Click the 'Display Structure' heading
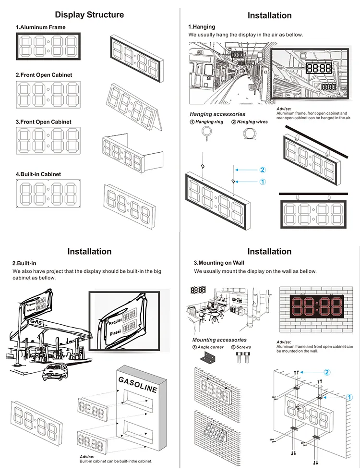point(89,15)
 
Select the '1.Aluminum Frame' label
point(41,27)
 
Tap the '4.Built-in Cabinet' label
point(38,174)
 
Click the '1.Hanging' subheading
point(202,27)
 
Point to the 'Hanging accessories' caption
point(217,114)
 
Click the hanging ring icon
point(208,133)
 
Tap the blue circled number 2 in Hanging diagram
point(263,170)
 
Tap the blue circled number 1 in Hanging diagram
point(263,182)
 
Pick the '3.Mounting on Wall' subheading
point(219,263)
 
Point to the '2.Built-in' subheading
point(24,263)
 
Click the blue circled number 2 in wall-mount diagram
point(327,372)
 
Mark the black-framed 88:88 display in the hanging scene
point(318,68)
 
